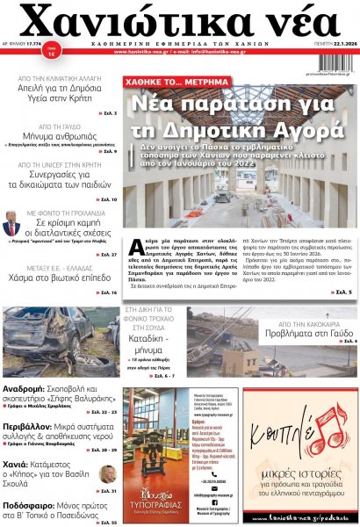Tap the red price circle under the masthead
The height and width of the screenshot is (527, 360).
(52, 74)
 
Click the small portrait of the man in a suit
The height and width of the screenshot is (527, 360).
(11, 222)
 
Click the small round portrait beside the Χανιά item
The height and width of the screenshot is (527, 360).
(108, 474)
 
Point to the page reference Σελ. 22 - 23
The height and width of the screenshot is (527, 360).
(101, 411)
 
